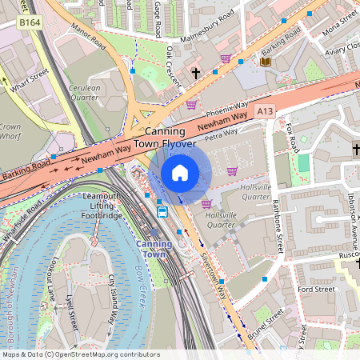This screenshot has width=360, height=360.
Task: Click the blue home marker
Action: [180, 172]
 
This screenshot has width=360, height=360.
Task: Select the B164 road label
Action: [30, 23]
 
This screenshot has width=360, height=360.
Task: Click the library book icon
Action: [265, 62]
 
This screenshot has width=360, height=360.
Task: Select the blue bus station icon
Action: [162, 212]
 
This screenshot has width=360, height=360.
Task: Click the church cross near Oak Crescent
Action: [195, 73]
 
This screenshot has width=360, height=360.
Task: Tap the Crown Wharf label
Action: [10, 132]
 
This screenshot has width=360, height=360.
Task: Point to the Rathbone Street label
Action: [277, 226]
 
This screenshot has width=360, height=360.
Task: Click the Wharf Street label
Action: [29, 77]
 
